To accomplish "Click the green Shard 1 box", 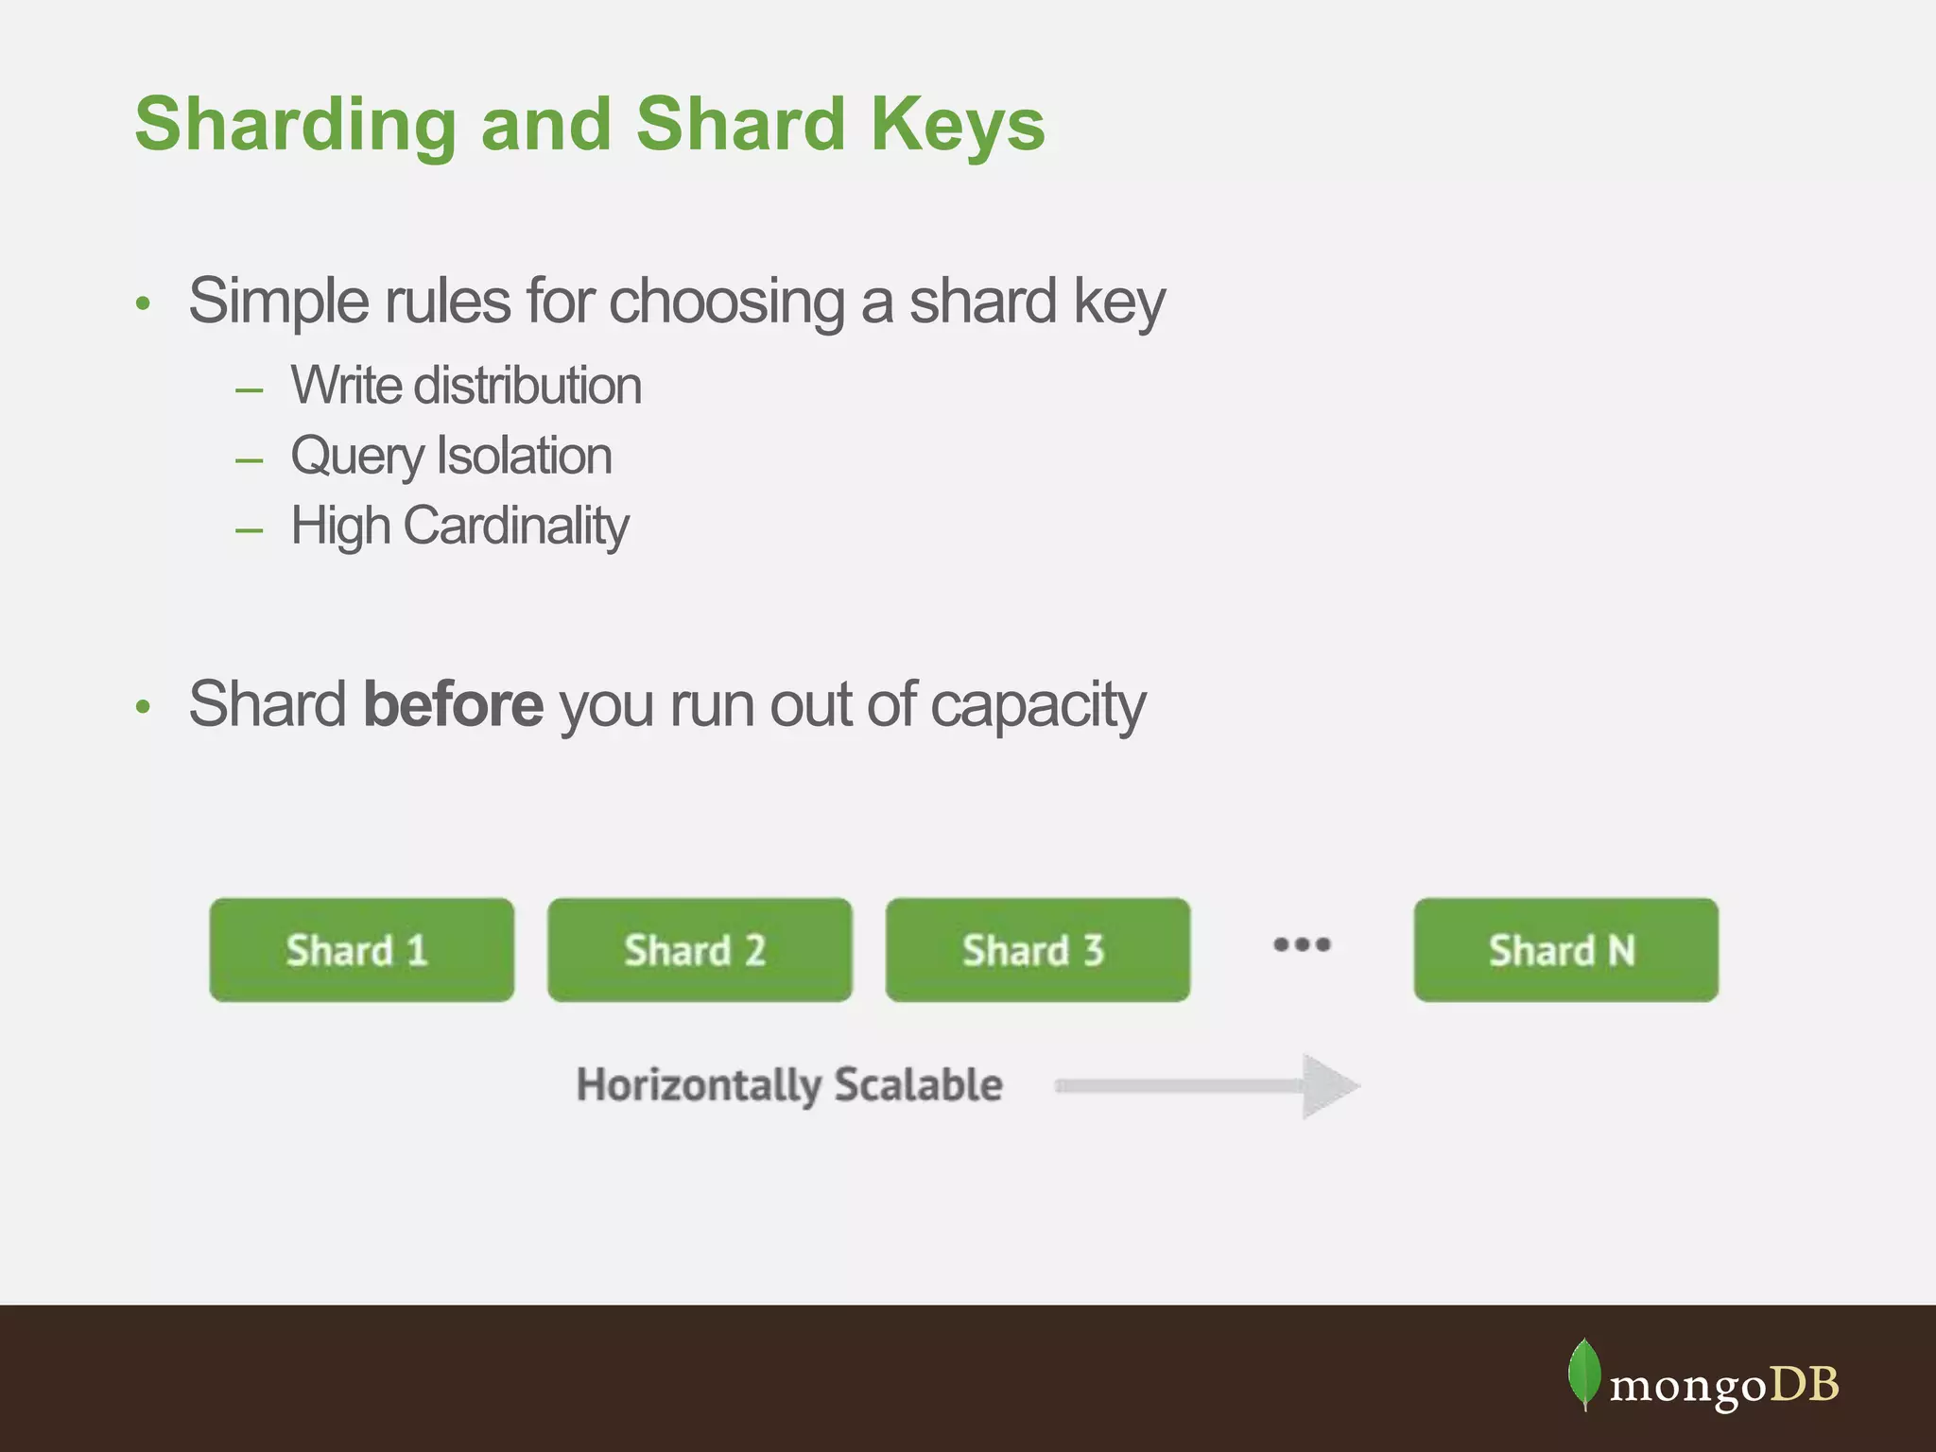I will [361, 950].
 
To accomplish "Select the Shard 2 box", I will [700, 950].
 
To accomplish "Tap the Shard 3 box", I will [1037, 950].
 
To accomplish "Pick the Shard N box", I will [1565, 950].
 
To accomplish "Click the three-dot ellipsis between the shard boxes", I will [1302, 944].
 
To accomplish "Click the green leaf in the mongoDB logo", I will [1583, 1374].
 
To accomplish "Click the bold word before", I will [453, 704].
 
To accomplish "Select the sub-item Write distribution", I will [466, 386].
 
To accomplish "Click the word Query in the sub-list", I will [356, 457].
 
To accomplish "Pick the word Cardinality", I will [516, 526].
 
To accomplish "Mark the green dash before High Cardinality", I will [250, 530].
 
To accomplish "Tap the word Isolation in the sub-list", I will [524, 456].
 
